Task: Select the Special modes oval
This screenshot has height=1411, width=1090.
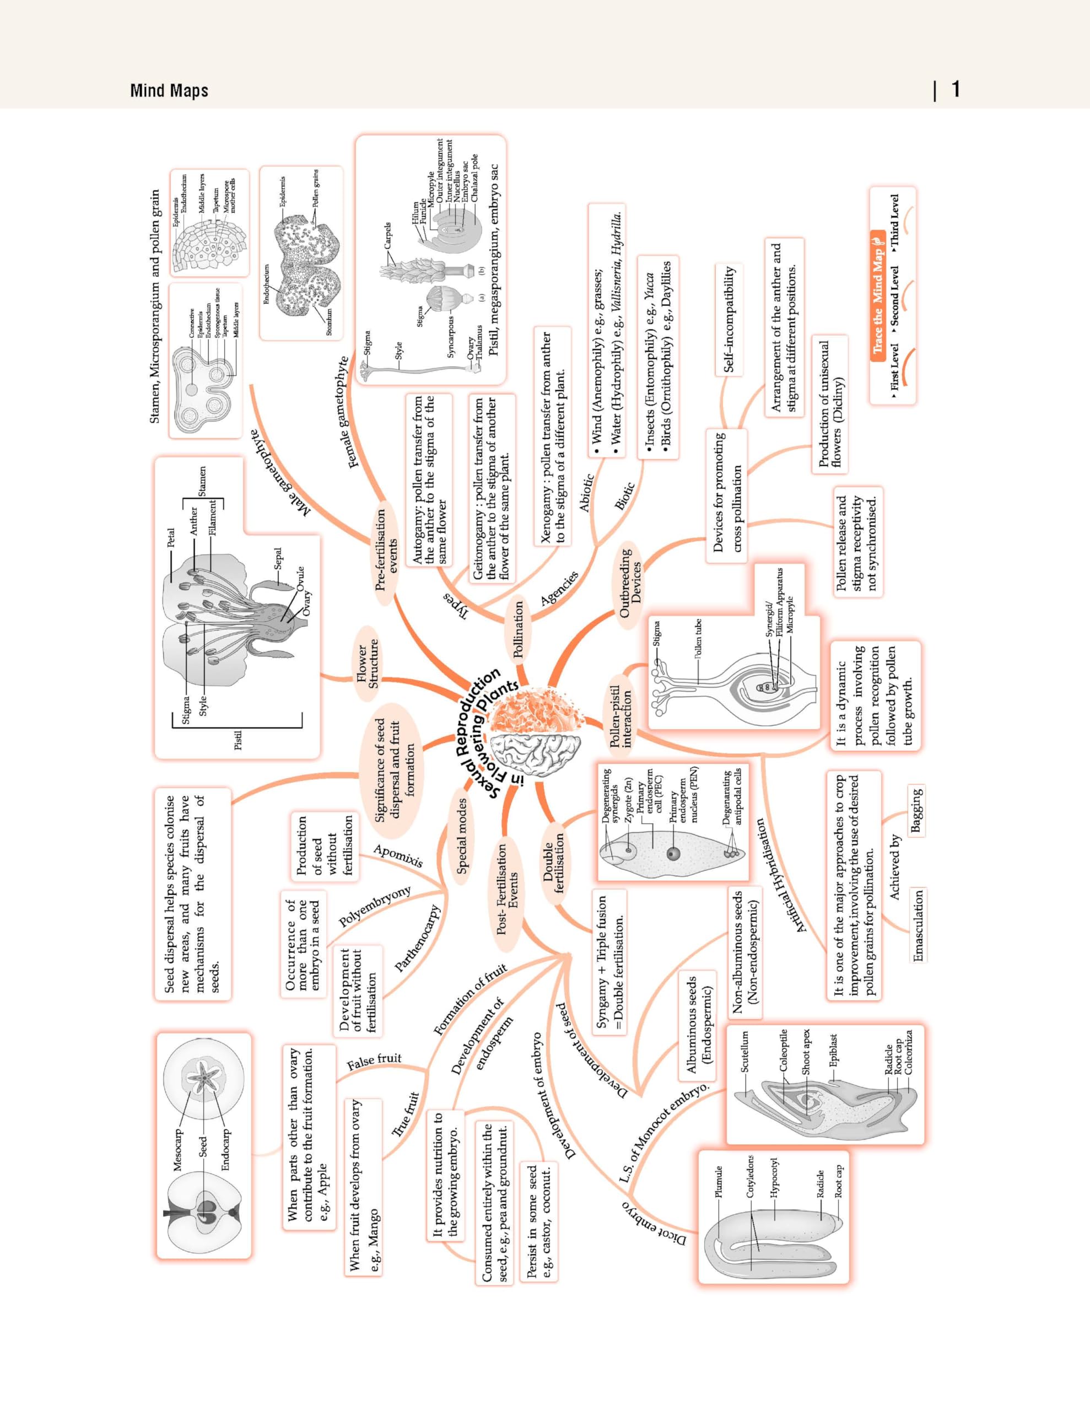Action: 462,836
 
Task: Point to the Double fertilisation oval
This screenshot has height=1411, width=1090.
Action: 554,862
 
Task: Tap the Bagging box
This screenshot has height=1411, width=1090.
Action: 916,810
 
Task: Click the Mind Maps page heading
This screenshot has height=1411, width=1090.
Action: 169,90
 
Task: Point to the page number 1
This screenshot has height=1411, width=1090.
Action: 956,89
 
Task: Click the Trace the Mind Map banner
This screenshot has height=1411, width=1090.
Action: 878,294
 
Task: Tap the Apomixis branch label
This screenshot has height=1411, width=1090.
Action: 398,856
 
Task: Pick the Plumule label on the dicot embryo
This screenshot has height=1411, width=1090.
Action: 719,1182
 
